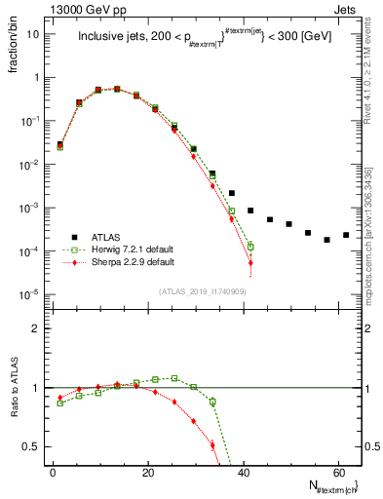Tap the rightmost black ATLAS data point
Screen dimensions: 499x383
click(x=346, y=235)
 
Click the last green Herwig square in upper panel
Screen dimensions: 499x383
click(x=250, y=247)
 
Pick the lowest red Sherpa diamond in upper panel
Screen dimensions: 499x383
click(x=250, y=263)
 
